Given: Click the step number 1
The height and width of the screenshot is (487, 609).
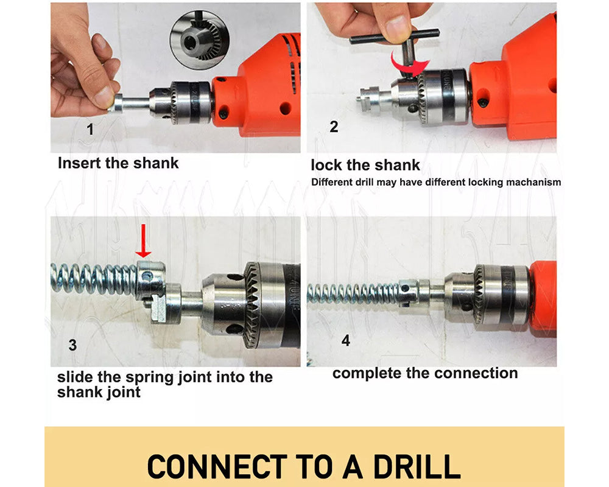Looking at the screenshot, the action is point(90,129).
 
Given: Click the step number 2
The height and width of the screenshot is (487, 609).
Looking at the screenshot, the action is point(334,127).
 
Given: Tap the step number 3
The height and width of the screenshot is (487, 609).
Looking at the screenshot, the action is point(72,345).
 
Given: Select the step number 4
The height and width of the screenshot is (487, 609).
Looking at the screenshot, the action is point(346,340).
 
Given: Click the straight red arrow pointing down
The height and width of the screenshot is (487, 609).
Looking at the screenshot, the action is point(143,241).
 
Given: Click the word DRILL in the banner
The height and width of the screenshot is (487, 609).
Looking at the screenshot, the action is point(417,466).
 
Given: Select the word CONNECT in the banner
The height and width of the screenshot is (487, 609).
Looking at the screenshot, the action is point(217,466).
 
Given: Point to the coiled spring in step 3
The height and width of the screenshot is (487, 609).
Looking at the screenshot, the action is point(93,278).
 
